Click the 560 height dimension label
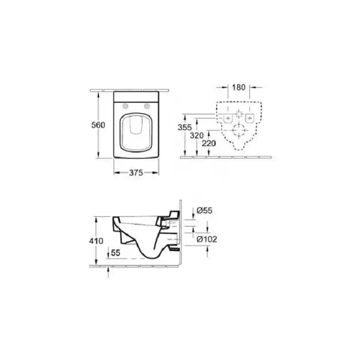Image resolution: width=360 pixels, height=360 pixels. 98,125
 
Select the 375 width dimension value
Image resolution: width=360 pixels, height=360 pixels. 136,173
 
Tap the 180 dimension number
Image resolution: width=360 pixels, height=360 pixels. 239,87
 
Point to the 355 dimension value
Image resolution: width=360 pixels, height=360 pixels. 185,127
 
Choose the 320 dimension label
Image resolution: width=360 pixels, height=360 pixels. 197,136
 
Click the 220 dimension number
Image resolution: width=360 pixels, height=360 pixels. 209,143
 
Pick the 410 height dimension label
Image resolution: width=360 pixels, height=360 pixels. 96,241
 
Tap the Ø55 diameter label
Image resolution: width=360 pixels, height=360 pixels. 205,211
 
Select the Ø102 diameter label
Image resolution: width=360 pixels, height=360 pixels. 207,239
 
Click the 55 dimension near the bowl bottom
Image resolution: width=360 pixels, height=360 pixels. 115,253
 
